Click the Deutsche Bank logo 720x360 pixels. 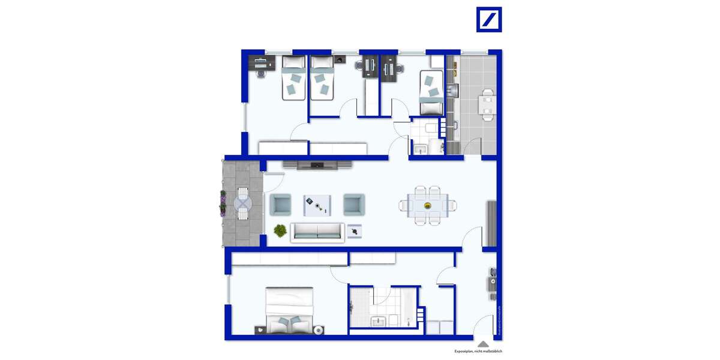[489, 19]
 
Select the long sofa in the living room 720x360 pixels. [317, 232]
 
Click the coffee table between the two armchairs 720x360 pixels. [316, 205]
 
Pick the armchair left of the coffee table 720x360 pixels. [281, 205]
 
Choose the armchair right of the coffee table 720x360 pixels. [354, 205]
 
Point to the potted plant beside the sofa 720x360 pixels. [280, 230]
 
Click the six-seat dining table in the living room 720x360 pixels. [427, 205]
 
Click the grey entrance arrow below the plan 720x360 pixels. [482, 344]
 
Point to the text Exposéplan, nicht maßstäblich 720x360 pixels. [478, 351]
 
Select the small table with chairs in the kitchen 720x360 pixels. [487, 104]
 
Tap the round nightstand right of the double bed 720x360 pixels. [319, 329]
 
